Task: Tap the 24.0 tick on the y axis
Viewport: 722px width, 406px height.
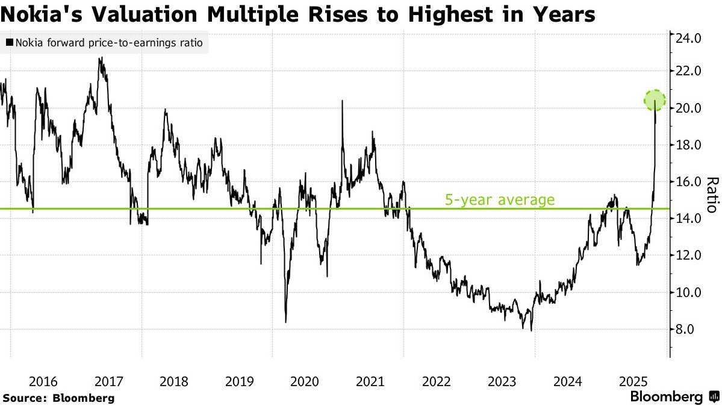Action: pos(689,39)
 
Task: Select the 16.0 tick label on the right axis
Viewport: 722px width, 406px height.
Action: pos(689,182)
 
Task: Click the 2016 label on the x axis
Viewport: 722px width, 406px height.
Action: pos(43,381)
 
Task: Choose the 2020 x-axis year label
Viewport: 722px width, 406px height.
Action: pos(305,381)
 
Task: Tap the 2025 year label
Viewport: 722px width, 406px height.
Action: pos(633,381)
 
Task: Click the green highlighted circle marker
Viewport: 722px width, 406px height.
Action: pos(655,100)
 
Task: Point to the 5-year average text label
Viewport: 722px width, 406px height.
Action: pos(499,199)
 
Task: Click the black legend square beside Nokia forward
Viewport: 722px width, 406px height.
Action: pos(9,43)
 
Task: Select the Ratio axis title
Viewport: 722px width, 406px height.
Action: pos(712,194)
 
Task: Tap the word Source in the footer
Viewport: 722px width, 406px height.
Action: pos(23,398)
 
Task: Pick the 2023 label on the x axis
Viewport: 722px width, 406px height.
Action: pos(502,381)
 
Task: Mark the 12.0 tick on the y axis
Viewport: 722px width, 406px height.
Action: pos(689,255)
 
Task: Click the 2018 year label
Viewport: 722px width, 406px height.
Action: pos(174,381)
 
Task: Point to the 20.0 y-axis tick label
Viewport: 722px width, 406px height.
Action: pos(689,108)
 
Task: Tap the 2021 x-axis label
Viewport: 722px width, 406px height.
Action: pos(370,381)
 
